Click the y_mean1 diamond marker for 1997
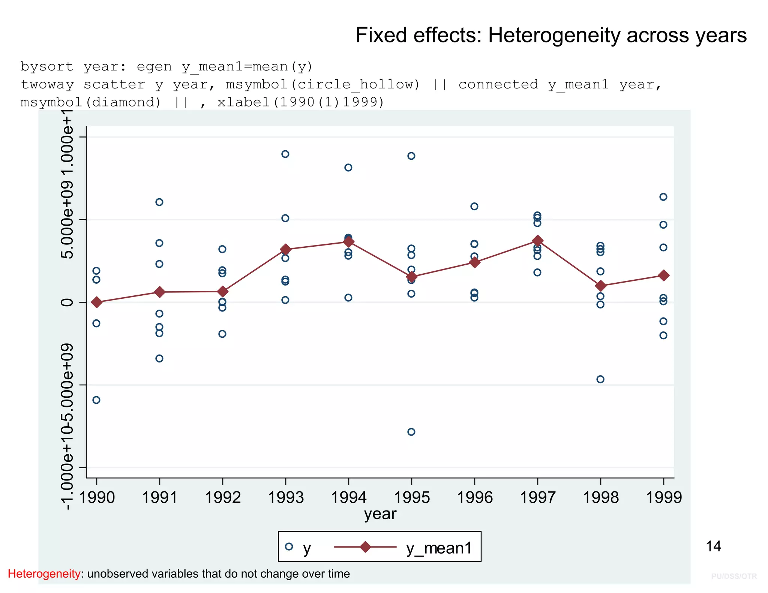(x=537, y=241)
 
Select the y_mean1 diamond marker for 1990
(x=97, y=302)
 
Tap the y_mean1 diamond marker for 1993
(x=286, y=249)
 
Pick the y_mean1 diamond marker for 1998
(x=601, y=286)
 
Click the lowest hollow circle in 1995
(x=411, y=432)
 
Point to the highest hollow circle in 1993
(x=285, y=154)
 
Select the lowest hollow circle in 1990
(x=96, y=400)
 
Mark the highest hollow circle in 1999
(x=663, y=197)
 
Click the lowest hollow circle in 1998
(x=600, y=379)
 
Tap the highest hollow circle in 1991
(x=159, y=202)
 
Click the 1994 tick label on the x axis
(x=348, y=498)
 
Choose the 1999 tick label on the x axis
(x=663, y=498)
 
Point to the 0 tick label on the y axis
(x=67, y=302)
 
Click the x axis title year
(x=380, y=514)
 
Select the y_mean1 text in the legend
(x=439, y=548)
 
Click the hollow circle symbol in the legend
(x=289, y=547)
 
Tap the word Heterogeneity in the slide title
(x=554, y=36)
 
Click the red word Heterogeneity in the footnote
(x=44, y=574)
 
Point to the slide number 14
(x=713, y=547)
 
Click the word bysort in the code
(x=47, y=67)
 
